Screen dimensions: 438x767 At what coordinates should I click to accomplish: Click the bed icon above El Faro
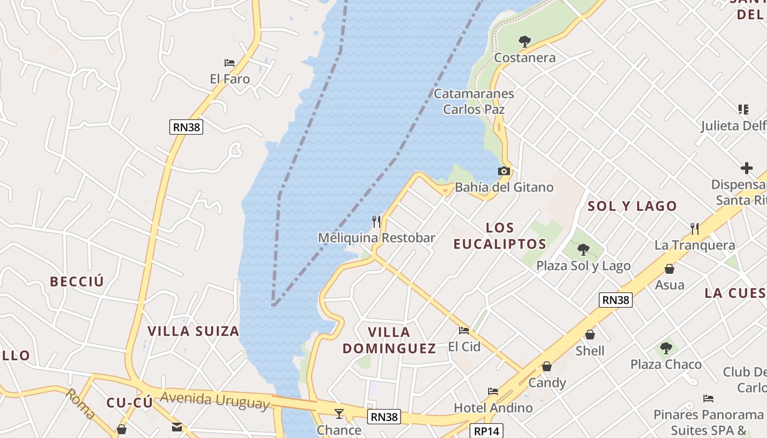coord(230,63)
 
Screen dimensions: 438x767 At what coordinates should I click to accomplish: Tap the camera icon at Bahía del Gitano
coord(504,171)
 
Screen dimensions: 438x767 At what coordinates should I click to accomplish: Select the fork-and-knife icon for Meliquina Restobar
coord(376,221)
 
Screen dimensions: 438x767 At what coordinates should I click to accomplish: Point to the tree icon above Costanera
coord(525,41)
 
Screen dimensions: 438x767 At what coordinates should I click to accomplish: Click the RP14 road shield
coord(487,431)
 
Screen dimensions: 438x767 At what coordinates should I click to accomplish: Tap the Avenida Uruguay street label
coord(215,400)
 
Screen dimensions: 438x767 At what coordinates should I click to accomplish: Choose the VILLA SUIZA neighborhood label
coord(193,331)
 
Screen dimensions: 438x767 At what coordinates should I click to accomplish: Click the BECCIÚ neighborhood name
coord(77,281)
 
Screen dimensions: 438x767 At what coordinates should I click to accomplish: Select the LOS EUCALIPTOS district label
coord(500,236)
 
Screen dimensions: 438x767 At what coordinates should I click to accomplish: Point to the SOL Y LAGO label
coord(632,206)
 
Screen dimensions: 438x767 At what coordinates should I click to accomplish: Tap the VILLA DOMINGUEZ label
coord(390,340)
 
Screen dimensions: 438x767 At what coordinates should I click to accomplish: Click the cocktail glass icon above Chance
coord(339,413)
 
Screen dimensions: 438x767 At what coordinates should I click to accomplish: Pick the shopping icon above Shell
coord(590,334)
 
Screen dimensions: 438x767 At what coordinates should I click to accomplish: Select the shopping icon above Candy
coord(547,366)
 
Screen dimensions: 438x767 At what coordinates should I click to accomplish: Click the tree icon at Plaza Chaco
coord(666,348)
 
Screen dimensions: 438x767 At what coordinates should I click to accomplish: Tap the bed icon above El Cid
coord(464,330)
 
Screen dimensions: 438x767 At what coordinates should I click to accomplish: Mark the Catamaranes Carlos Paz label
coord(474,101)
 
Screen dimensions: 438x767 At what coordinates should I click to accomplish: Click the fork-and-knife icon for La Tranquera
coord(695,228)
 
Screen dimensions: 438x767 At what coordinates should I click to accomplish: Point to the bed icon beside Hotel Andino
coord(493,391)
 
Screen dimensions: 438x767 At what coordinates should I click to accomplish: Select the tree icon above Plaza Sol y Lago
coord(583,250)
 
